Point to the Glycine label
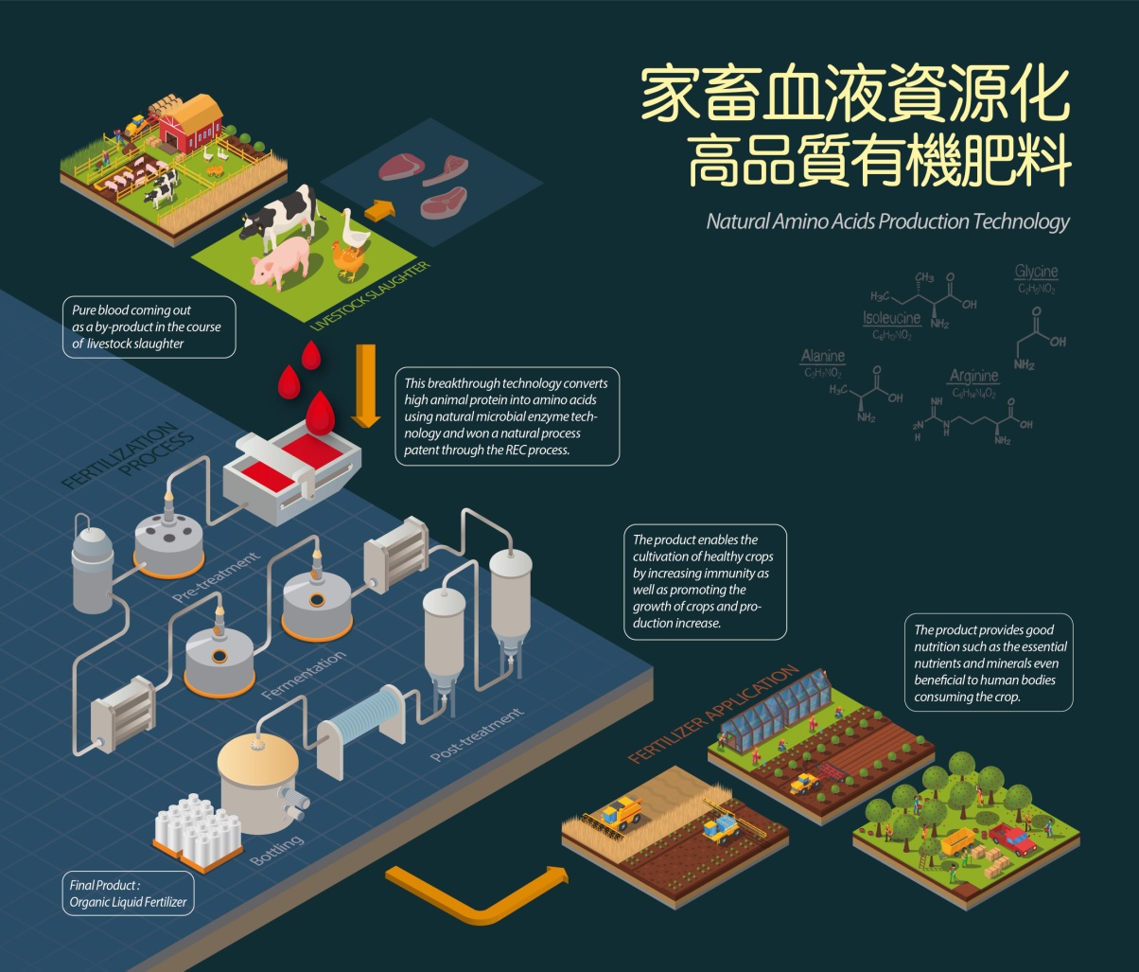(x=1036, y=273)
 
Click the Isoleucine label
(x=891, y=318)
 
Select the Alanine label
(x=823, y=357)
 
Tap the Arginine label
(x=973, y=377)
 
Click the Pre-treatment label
(x=217, y=577)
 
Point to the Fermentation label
(x=304, y=675)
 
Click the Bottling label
(x=277, y=850)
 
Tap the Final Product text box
(x=128, y=894)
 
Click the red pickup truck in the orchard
(x=1012, y=838)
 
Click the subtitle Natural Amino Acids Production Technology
(x=887, y=221)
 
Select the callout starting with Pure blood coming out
(x=147, y=327)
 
